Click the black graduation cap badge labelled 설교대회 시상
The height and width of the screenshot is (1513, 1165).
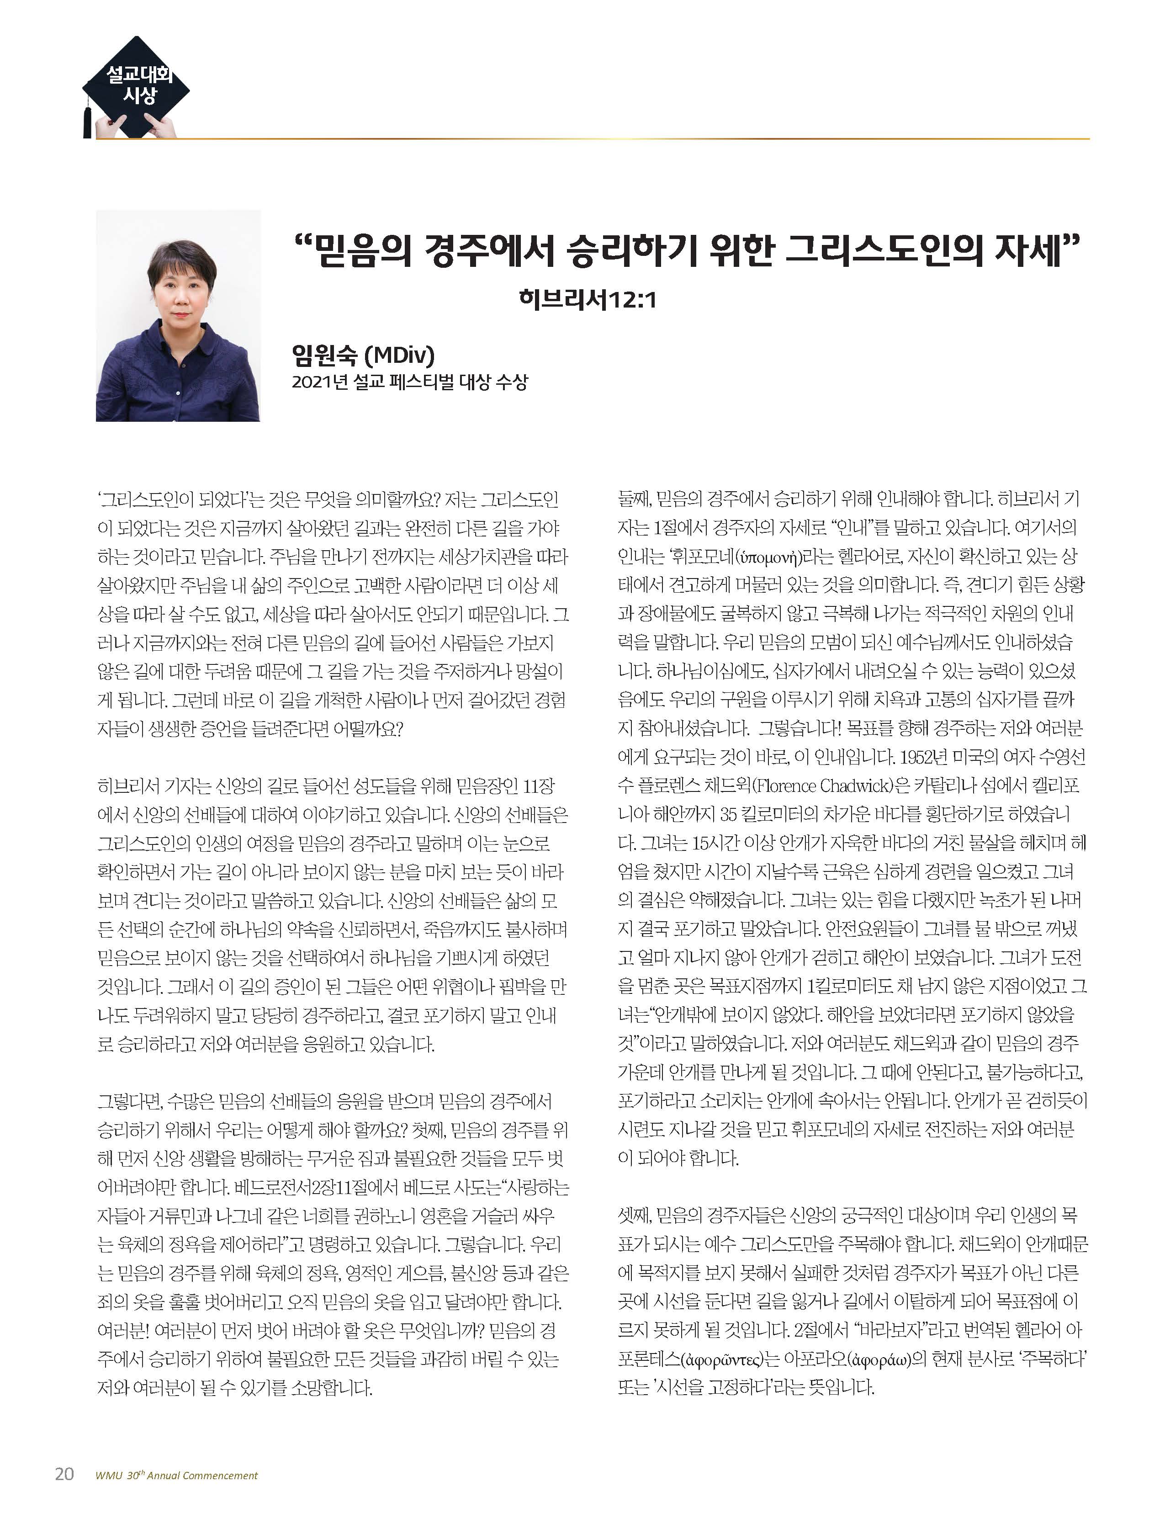click(137, 87)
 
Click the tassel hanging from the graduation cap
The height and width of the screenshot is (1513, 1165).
click(87, 118)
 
